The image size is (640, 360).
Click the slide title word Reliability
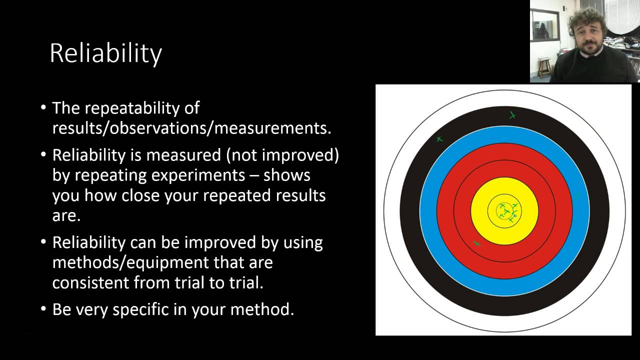[105, 53]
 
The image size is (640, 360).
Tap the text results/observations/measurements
[191, 128]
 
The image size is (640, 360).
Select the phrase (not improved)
[282, 155]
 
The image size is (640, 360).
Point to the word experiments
[202, 175]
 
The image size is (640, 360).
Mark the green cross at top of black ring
[512, 115]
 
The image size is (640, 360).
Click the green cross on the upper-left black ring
[439, 139]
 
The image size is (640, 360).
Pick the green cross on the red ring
[476, 243]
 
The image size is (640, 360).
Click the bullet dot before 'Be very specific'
[44, 309]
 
